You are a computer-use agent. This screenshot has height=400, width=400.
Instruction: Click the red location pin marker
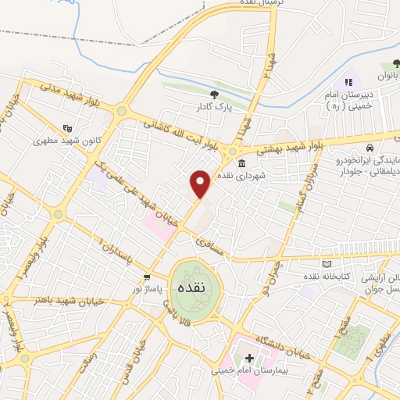(x=201, y=184)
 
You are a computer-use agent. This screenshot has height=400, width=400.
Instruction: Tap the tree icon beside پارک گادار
(x=214, y=95)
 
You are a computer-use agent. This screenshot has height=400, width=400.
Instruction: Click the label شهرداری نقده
(x=242, y=177)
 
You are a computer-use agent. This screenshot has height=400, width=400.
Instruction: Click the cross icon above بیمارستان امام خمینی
(x=249, y=358)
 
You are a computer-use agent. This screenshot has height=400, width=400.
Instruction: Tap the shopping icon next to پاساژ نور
(x=147, y=277)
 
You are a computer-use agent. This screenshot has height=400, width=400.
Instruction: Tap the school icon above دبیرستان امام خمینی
(x=348, y=81)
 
